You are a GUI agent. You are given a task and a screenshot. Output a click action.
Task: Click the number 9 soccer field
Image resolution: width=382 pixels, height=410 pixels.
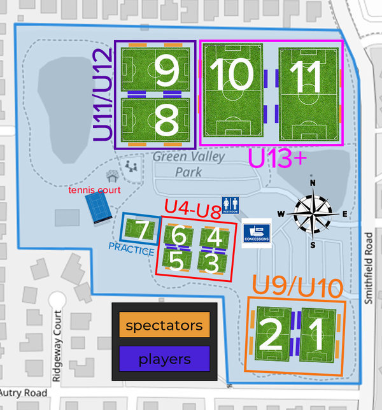point(155,70)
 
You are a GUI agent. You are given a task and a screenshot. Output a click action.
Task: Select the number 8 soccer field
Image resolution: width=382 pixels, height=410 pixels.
point(155,118)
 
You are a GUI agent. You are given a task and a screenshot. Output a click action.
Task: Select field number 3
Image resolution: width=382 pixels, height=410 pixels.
point(213,261)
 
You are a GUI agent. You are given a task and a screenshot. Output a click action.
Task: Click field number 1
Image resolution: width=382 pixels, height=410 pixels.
point(316,336)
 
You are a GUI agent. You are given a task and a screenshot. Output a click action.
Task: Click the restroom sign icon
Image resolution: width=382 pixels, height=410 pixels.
point(230,204)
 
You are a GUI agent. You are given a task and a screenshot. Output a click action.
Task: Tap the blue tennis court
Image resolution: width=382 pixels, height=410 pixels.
point(99,208)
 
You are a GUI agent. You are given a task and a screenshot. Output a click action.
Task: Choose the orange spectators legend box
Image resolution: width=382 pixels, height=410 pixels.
point(164,326)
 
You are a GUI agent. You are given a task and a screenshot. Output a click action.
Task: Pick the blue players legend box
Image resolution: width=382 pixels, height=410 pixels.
point(164,359)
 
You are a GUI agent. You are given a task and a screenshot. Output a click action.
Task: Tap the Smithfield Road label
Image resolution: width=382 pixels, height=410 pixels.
point(369,267)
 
